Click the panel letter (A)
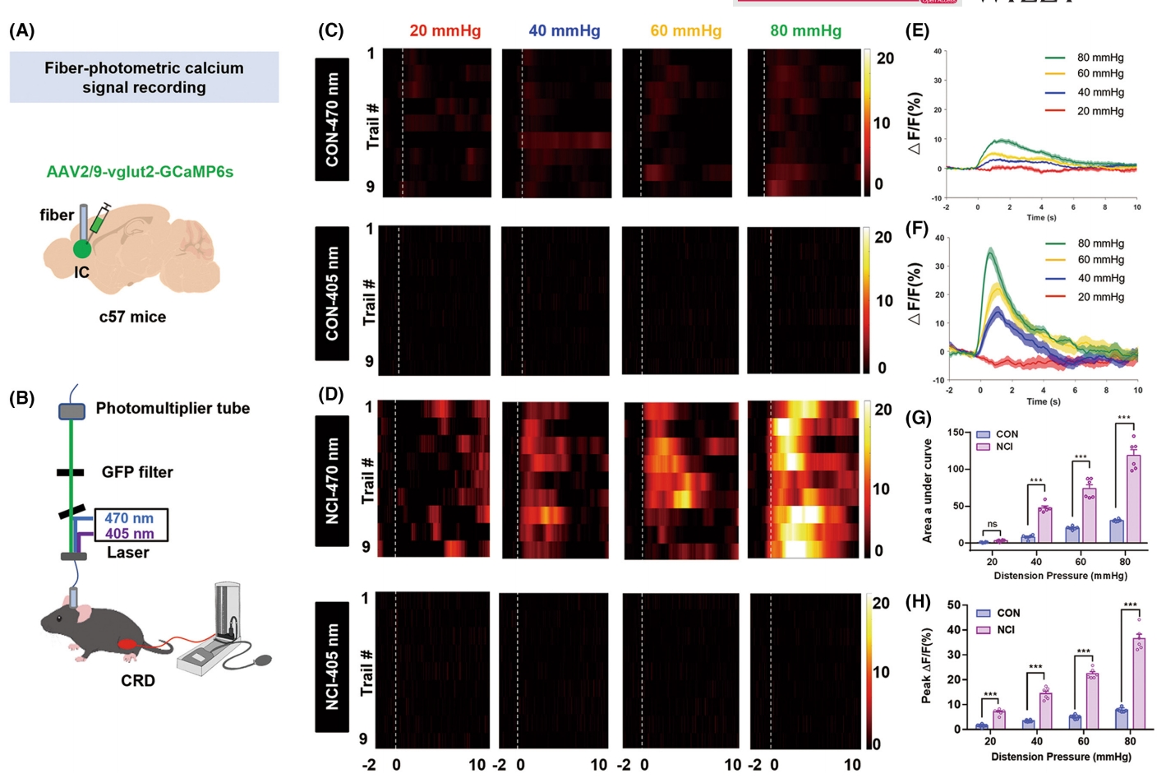click(21, 31)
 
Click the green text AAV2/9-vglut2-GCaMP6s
click(140, 172)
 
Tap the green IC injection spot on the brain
click(81, 249)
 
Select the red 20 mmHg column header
click(445, 31)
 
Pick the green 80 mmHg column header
click(805, 31)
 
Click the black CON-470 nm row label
click(332, 119)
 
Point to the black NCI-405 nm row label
click(332, 666)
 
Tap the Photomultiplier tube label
click(173, 408)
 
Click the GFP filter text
click(137, 472)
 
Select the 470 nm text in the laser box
click(129, 518)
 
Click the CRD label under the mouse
click(137, 681)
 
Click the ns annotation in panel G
click(992, 524)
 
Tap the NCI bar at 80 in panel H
click(1139, 683)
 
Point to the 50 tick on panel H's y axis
click(954, 605)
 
